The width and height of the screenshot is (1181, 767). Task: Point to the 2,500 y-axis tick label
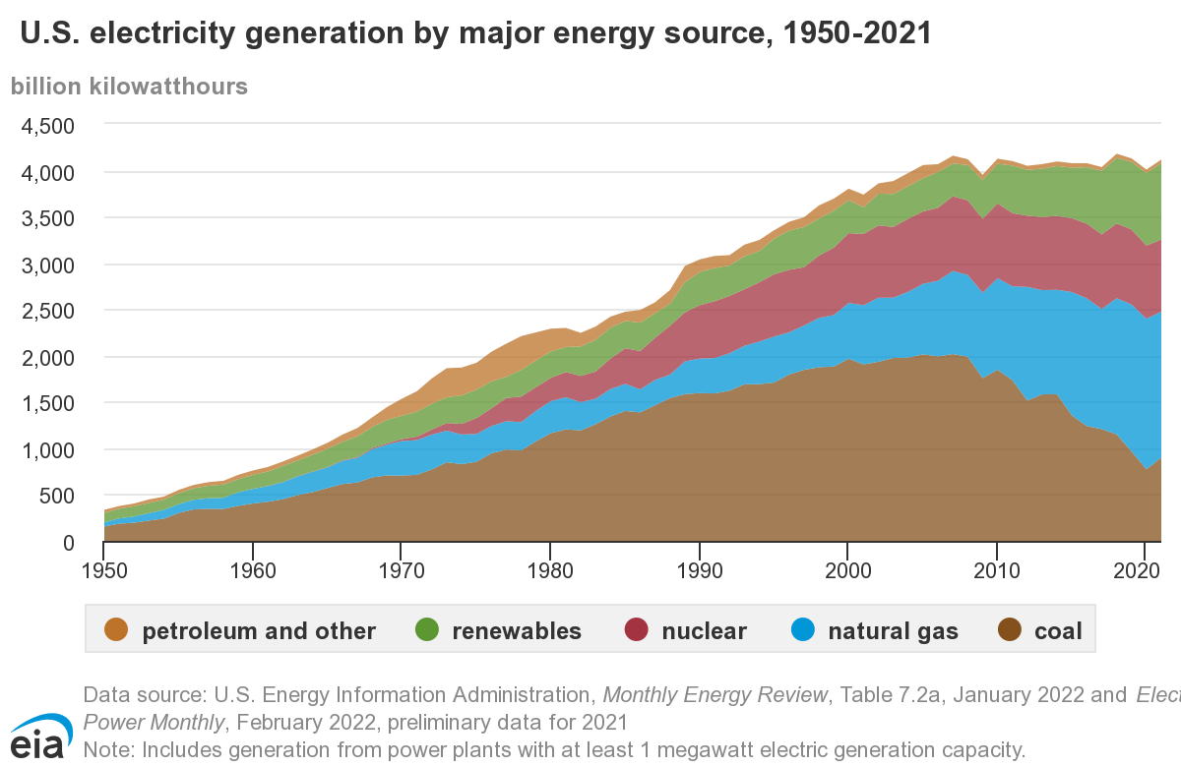coord(46,311)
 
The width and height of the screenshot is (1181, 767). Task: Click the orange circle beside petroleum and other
coord(116,630)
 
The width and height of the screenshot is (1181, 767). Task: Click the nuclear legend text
coord(704,630)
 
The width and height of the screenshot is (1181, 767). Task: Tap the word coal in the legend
coord(1058,630)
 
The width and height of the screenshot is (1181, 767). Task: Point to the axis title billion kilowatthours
coord(129,86)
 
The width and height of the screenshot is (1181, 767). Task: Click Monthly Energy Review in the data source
coord(715,695)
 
